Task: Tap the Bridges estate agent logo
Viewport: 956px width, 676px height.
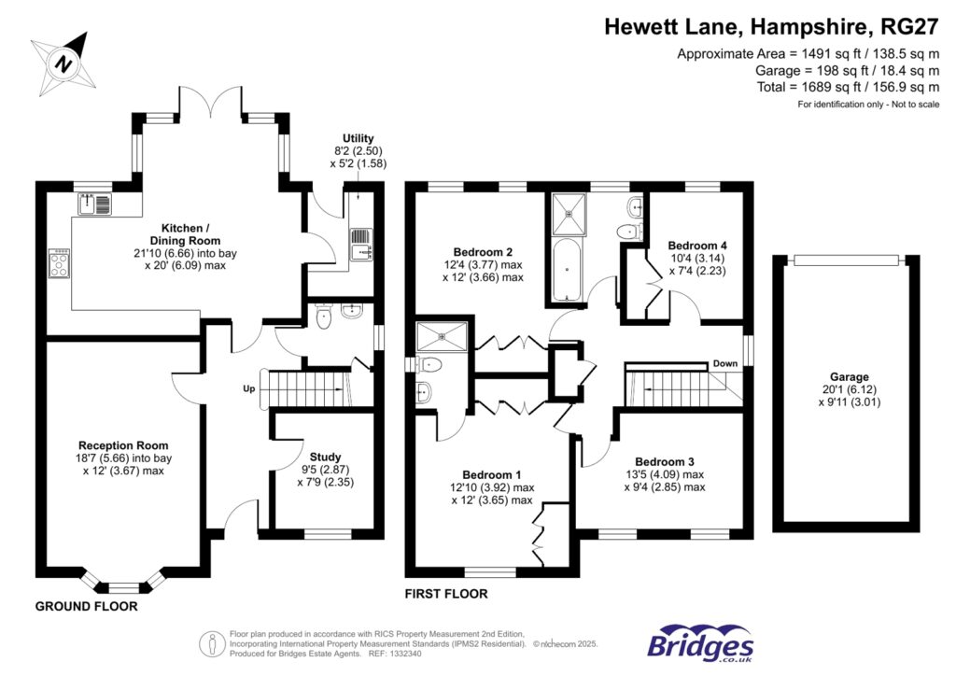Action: click(x=700, y=644)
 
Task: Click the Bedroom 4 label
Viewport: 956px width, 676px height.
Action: click(x=696, y=246)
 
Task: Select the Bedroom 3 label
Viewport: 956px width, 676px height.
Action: click(x=665, y=461)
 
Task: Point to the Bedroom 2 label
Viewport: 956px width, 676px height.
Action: click(x=484, y=252)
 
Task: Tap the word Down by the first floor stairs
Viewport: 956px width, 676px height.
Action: click(x=724, y=363)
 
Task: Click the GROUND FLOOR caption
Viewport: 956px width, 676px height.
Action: click(x=86, y=606)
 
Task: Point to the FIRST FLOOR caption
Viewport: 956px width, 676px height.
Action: click(x=446, y=594)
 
